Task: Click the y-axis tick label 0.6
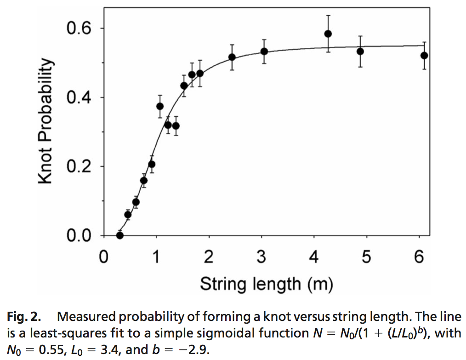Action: pyautogui.click(x=79, y=28)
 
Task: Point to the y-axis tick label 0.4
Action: pyautogui.click(x=79, y=97)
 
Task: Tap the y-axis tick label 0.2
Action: pyautogui.click(x=79, y=166)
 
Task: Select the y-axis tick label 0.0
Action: pyautogui.click(x=79, y=235)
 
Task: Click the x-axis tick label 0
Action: pyautogui.click(x=104, y=257)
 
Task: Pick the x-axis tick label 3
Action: pyautogui.click(x=261, y=257)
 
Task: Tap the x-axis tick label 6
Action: pyautogui.click(x=419, y=257)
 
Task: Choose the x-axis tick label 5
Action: pyautogui.click(x=366, y=257)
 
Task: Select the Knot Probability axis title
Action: pyautogui.click(x=46, y=120)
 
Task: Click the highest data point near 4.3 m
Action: pyautogui.click(x=328, y=34)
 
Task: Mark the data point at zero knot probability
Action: pyautogui.click(x=120, y=235)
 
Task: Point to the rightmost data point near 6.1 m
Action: pyautogui.click(x=424, y=55)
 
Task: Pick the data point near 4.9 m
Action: pyautogui.click(x=360, y=51)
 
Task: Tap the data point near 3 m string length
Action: pyautogui.click(x=264, y=51)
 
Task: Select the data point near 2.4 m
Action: pyautogui.click(x=232, y=57)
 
